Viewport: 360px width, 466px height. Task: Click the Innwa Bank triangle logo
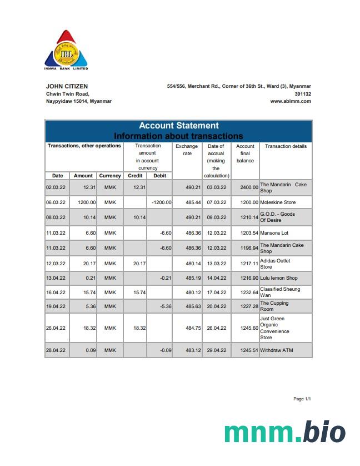[x=66, y=49]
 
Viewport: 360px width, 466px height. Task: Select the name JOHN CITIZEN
[x=67, y=86]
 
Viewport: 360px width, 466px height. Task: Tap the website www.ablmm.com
[x=291, y=101]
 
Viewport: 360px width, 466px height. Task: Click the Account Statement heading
[x=178, y=126]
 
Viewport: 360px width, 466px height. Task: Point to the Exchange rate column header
[x=187, y=150]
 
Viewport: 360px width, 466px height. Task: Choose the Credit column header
[x=135, y=176]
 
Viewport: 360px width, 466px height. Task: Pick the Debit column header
[x=159, y=176]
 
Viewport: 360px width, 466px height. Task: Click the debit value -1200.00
[x=161, y=202]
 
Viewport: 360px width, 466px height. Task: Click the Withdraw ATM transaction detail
[x=276, y=350]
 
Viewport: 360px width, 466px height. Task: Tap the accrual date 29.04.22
[x=216, y=350]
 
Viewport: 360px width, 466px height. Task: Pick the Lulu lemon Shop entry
[x=278, y=278]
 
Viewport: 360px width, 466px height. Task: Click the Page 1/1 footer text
[x=302, y=399]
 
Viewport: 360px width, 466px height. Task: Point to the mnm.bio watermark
[x=284, y=433]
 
